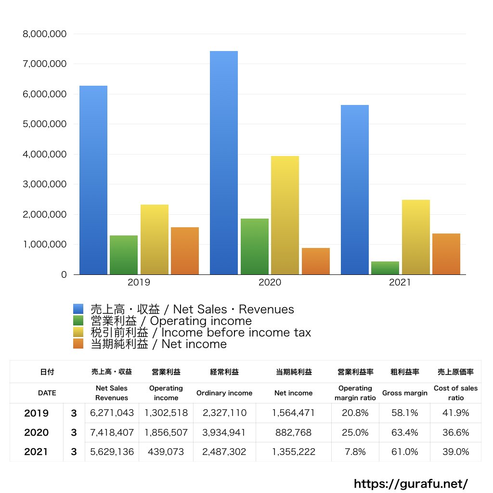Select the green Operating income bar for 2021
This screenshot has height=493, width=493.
tap(385, 268)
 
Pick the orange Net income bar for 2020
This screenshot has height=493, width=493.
tap(316, 261)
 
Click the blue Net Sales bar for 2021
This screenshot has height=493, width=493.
tap(355, 190)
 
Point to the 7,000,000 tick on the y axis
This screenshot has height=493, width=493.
tap(45, 64)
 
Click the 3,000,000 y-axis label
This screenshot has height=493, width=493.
tap(45, 184)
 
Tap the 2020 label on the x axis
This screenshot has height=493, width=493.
tap(270, 283)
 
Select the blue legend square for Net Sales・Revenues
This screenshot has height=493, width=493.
tap(78, 309)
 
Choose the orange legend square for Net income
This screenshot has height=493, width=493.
tap(78, 344)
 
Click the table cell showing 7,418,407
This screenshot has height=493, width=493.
tap(112, 432)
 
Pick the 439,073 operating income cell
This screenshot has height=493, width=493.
tap(166, 452)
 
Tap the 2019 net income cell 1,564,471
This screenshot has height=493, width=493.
tap(293, 413)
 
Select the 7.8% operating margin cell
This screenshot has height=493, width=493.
tap(355, 452)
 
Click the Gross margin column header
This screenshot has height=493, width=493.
tap(404, 393)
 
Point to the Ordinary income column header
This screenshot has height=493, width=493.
tap(224, 393)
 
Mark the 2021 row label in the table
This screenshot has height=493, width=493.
tap(36, 452)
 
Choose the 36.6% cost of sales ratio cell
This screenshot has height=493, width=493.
tap(455, 432)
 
